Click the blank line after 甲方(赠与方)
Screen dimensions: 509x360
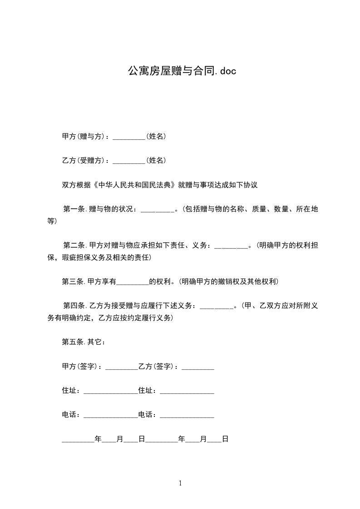click(128, 137)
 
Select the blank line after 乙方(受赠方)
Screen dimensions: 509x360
click(128, 161)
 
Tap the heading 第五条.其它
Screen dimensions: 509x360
click(84, 342)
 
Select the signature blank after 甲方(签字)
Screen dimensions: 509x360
click(121, 367)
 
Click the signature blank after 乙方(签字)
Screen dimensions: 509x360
click(197, 367)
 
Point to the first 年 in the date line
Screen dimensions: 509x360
click(98, 439)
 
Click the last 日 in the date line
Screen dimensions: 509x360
click(225, 439)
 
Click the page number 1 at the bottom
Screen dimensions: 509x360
click(180, 483)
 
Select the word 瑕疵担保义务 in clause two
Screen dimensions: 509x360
click(95, 258)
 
